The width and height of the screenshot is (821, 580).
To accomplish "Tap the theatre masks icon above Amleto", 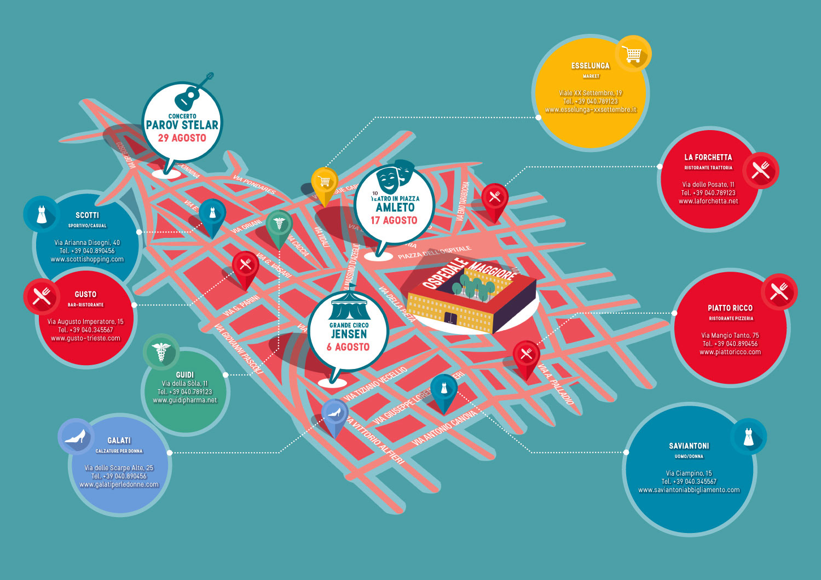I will point(395,175).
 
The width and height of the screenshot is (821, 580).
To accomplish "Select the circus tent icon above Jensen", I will point(349,307).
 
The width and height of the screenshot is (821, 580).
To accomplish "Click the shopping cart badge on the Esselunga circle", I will point(633,54).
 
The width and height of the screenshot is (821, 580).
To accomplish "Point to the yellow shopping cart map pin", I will point(324,183).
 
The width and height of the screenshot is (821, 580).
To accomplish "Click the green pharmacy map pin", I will point(279,225).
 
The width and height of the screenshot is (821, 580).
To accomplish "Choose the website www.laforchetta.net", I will point(708,201).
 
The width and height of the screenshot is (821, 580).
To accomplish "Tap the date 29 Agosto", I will point(182,138).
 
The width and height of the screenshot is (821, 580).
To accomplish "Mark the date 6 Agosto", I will point(348,347).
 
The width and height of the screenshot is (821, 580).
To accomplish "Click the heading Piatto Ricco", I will point(730,308).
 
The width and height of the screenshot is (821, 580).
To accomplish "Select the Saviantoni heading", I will point(689,446).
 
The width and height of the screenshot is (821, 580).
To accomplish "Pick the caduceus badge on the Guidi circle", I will point(161,352).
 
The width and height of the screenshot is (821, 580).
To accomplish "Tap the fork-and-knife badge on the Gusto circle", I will point(42,296).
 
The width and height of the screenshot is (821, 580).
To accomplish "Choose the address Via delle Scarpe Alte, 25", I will point(119,468).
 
